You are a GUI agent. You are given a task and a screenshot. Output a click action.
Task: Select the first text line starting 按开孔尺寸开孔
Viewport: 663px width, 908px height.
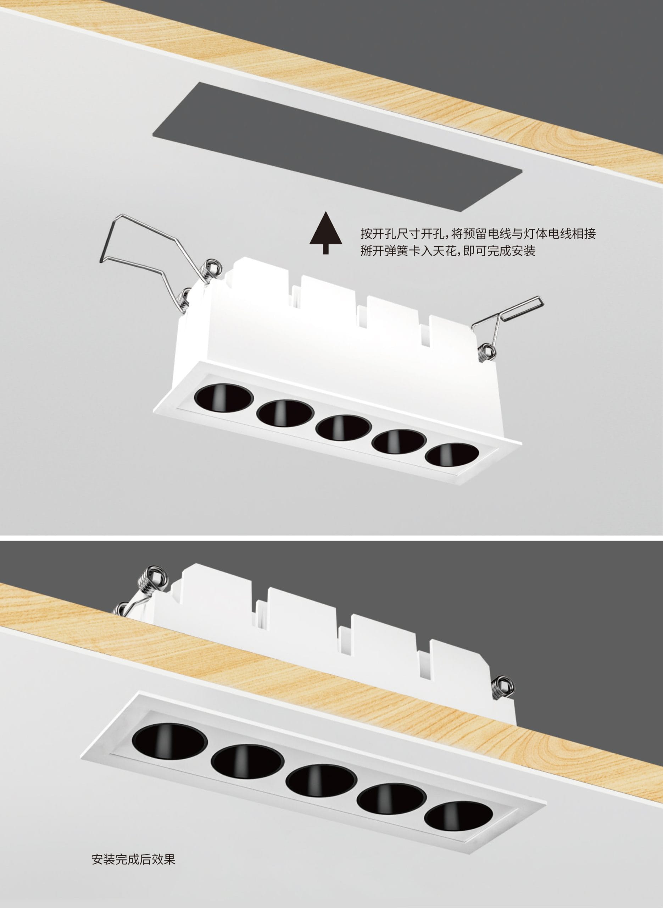pyautogui.click(x=478, y=233)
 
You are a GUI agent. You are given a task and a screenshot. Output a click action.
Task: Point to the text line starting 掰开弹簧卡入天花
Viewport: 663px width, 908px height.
pyautogui.click(x=448, y=251)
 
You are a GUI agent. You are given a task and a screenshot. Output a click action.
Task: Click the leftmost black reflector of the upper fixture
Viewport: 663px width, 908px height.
pyautogui.click(x=224, y=398)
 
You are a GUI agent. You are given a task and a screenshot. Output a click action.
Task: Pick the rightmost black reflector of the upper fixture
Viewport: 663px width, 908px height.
pyautogui.click(x=452, y=455)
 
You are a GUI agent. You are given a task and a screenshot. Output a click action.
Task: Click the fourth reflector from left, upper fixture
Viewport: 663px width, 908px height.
pyautogui.click(x=399, y=442)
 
